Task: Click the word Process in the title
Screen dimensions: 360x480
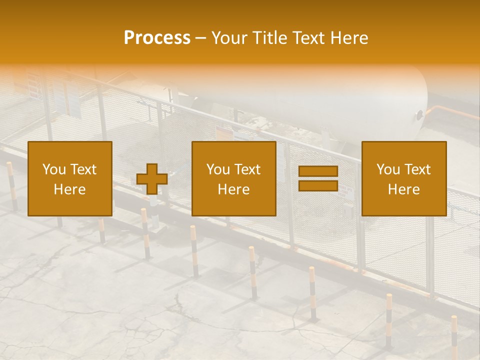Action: [157, 38]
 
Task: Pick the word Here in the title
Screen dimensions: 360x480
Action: [349, 38]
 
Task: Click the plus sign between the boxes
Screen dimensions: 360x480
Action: [152, 179]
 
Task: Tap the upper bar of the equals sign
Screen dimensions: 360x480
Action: [318, 171]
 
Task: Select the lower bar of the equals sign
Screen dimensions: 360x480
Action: [318, 185]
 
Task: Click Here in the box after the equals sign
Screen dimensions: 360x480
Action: [404, 189]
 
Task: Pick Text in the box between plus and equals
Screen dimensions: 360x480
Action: [248, 169]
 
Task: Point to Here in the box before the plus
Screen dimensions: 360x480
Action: [70, 189]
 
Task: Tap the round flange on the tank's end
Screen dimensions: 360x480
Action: [419, 116]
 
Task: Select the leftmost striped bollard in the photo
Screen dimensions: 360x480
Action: [11, 185]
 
